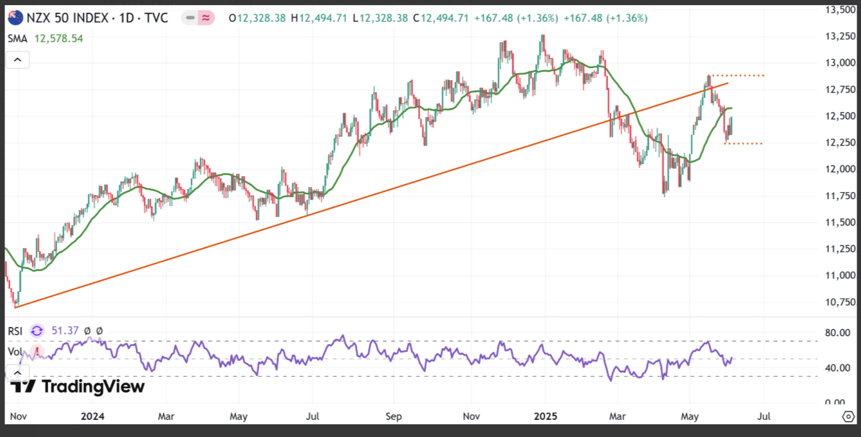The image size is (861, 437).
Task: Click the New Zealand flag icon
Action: [15, 18]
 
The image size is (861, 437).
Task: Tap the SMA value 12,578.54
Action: [58, 38]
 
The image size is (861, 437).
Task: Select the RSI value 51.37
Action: [65, 330]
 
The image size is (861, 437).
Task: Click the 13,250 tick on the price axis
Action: [840, 36]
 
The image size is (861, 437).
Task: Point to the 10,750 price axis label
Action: [840, 302]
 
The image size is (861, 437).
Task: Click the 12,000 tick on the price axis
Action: [840, 169]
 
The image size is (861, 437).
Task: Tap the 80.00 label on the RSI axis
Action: [837, 333]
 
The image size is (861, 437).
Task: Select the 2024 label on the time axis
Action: [93, 416]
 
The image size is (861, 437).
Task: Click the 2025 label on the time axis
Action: [545, 416]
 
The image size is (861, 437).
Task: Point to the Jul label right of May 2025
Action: [764, 416]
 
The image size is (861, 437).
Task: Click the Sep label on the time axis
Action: [393, 416]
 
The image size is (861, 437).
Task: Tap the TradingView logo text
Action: [93, 386]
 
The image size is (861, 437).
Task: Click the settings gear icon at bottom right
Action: [848, 416]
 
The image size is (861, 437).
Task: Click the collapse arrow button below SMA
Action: [18, 60]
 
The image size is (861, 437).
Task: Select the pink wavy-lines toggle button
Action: [206, 18]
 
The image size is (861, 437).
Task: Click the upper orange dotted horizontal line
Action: [736, 76]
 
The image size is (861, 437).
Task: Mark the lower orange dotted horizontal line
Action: [743, 144]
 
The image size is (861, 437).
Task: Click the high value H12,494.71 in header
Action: [319, 18]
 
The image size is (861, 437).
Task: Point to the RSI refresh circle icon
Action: [37, 331]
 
